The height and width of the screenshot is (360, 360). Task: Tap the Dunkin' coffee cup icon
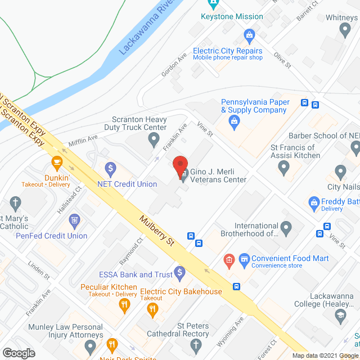[x=56, y=163]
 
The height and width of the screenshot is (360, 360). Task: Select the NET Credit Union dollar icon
[x=111, y=167]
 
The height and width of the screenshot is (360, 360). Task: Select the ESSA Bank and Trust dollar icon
[x=180, y=273]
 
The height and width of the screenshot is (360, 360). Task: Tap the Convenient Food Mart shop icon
[x=244, y=259]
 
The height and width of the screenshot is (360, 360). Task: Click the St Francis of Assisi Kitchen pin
[x=283, y=166]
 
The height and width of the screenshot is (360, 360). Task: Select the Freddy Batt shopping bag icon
[x=314, y=201]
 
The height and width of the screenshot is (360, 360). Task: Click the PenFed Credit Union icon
[x=74, y=220]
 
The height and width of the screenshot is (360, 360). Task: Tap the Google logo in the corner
[x=19, y=353]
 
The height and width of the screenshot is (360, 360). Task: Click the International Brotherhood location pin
[x=286, y=228]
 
